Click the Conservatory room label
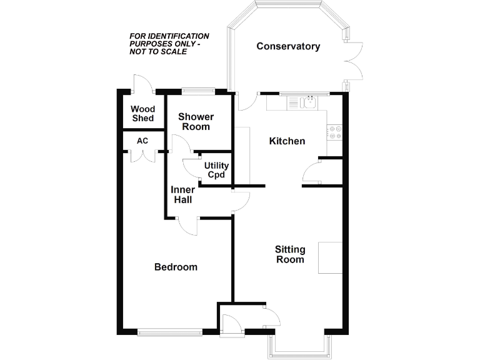[x=288, y=46]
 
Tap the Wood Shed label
[x=142, y=114]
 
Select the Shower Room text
[x=196, y=121]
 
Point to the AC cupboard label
[x=142, y=141]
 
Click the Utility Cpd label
[x=216, y=170]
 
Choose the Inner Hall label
[x=182, y=194]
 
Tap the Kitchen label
[x=287, y=141]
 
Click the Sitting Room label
[x=290, y=254]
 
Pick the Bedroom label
[x=176, y=267]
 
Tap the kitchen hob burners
[x=335, y=132]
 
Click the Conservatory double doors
[x=355, y=61]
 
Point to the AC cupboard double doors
[x=142, y=155]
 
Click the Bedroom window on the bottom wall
[x=169, y=332]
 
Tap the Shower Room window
[x=199, y=92]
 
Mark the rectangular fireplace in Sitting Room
[x=330, y=257]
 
